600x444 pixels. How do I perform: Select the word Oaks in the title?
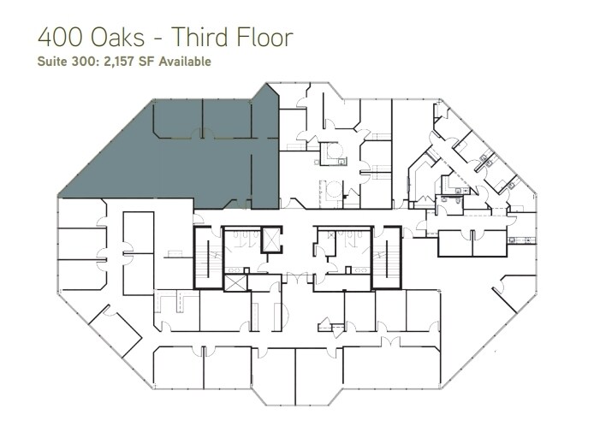(116, 38)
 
